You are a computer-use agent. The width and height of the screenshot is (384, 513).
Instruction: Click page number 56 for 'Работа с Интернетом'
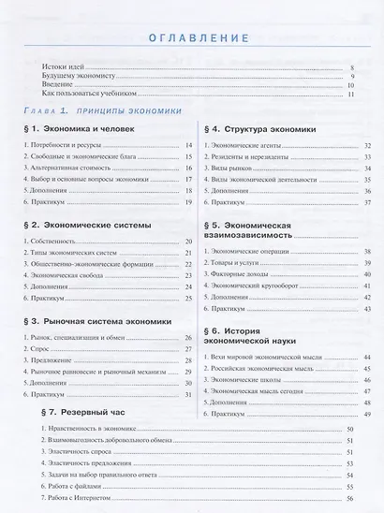[x=349, y=500]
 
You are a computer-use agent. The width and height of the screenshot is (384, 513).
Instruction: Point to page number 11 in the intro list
[x=349, y=95]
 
